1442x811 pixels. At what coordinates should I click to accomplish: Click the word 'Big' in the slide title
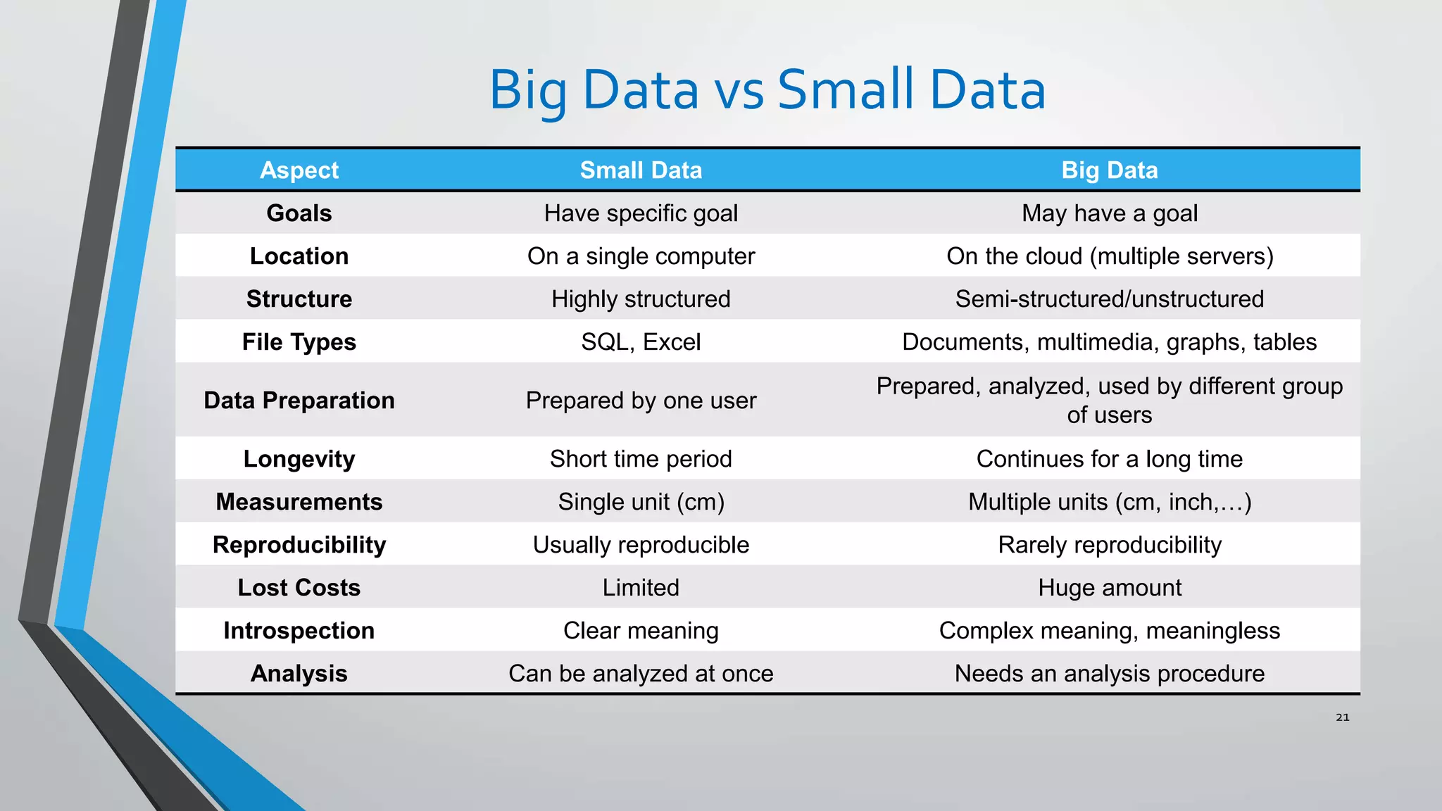(x=528, y=91)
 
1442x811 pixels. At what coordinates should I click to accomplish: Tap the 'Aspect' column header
(x=299, y=170)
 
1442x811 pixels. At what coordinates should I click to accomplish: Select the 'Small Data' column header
(x=641, y=170)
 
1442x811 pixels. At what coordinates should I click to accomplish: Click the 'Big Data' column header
(x=1109, y=170)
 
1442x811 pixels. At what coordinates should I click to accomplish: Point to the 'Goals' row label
(x=299, y=213)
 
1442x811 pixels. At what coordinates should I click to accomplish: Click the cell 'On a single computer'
(x=641, y=256)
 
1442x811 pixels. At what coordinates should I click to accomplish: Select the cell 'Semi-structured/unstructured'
(x=1109, y=299)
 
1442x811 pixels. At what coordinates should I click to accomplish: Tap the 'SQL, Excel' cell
(x=641, y=342)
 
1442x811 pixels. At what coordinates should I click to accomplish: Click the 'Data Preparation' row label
(x=299, y=401)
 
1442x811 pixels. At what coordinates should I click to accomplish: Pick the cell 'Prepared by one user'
(x=641, y=401)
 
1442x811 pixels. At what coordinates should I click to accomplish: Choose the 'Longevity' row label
(x=299, y=459)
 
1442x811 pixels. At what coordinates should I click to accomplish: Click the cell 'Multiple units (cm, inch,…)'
(x=1109, y=502)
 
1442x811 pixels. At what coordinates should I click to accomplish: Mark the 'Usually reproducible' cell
(x=641, y=545)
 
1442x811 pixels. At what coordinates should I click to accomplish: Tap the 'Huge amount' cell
(x=1109, y=588)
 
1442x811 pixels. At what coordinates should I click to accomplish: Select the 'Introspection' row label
(x=299, y=631)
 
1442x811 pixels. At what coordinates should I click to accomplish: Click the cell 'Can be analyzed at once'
(x=641, y=674)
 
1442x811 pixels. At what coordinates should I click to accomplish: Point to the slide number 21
(x=1342, y=717)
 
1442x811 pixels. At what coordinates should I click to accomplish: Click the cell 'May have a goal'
(x=1109, y=213)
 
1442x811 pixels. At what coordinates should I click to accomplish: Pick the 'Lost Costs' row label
(x=299, y=588)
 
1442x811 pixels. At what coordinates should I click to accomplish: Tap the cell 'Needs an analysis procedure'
(x=1109, y=674)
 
